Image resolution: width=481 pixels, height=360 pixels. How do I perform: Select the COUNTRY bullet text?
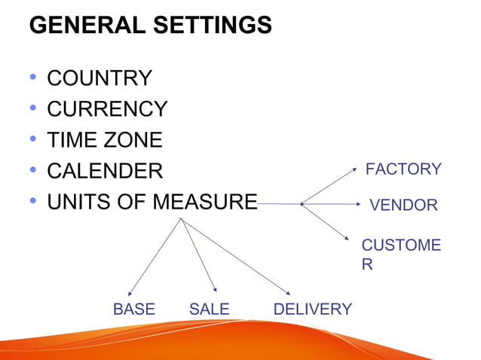100,78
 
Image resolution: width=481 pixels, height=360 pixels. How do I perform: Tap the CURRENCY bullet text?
107,109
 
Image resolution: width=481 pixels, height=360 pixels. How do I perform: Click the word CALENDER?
105,171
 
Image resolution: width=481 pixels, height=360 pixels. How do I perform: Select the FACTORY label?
403,169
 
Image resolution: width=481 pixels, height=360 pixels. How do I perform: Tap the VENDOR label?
403,205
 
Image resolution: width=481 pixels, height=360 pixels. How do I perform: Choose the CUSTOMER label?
401,255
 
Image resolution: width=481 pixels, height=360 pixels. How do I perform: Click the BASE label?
133,309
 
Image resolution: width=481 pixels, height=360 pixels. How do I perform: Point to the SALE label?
209,309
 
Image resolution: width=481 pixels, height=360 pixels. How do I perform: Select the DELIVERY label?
312,309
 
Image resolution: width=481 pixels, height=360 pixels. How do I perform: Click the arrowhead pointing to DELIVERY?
289,292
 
